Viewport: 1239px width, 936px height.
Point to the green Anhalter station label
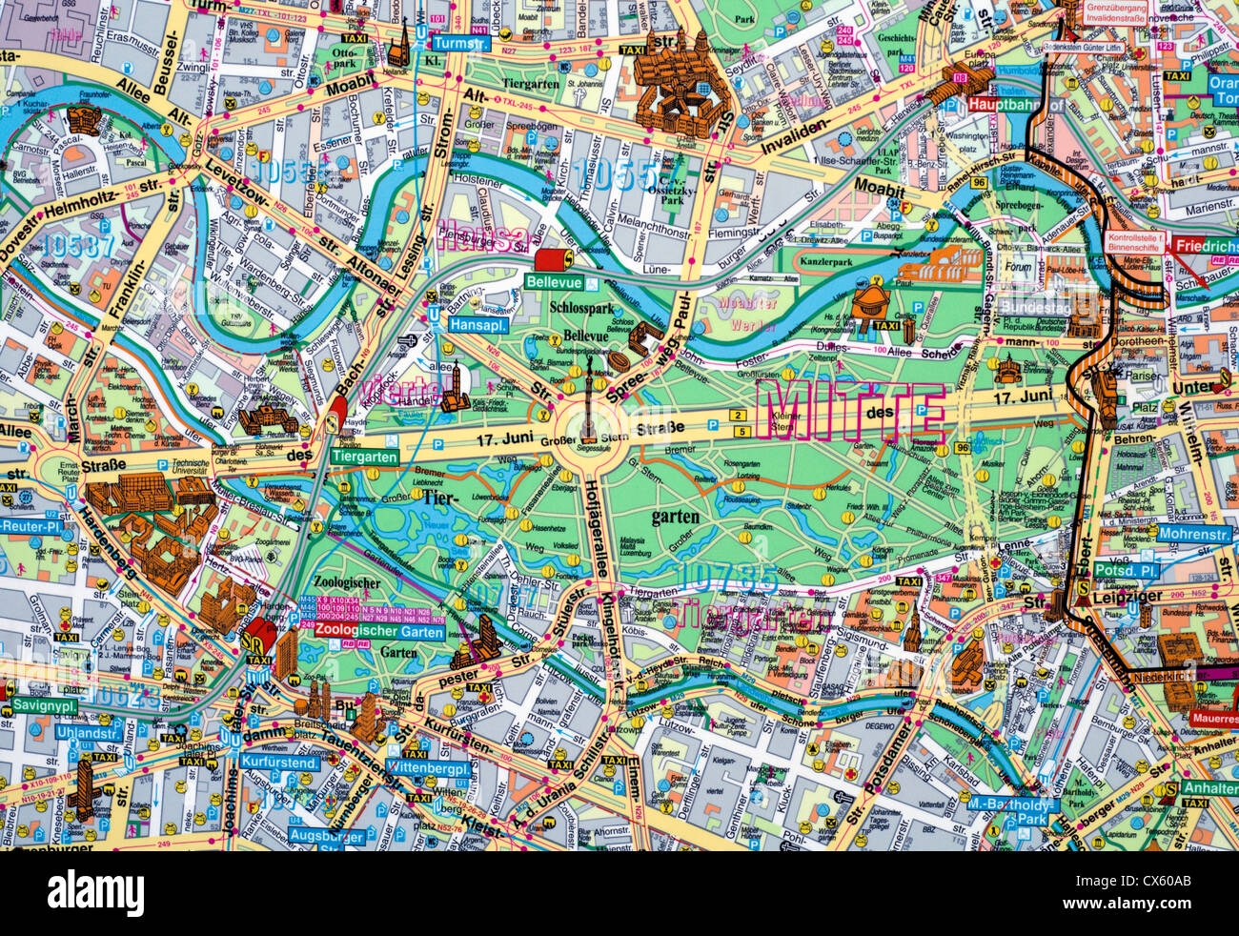coord(1209,788)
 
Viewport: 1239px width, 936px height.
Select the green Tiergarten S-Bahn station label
coord(365,457)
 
